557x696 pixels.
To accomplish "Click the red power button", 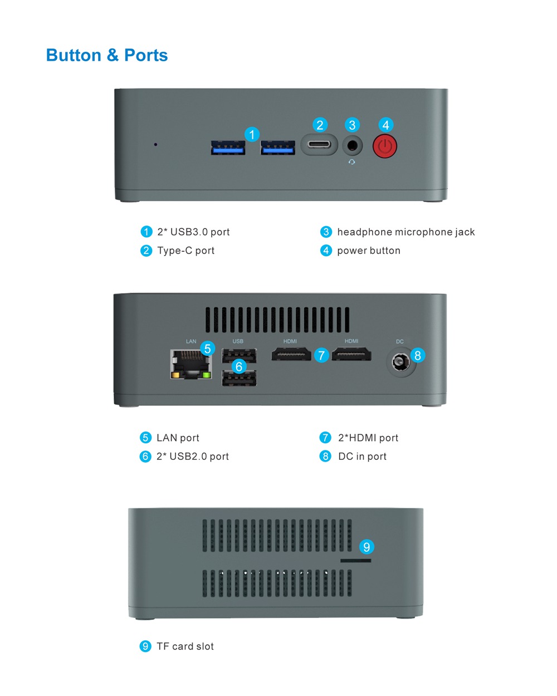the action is (384, 146).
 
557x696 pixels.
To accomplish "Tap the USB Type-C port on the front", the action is (319, 144).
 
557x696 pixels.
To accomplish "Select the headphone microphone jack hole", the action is (352, 145).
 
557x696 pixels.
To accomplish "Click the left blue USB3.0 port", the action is (227, 148).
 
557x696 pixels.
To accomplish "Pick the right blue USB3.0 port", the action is (277, 148).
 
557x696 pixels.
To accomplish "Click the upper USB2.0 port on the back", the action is (239, 356).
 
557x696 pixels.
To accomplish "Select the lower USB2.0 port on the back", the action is (239, 378).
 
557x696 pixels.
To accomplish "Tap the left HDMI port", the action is (291, 354).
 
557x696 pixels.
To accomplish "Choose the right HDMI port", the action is (351, 354).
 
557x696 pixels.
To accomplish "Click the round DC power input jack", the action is (400, 361).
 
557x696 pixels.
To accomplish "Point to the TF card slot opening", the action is (355, 561).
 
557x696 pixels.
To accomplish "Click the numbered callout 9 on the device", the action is (367, 547).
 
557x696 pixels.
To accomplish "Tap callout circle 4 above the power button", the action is (385, 125).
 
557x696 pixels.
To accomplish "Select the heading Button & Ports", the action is (107, 55).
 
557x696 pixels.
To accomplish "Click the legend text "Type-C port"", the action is (186, 251).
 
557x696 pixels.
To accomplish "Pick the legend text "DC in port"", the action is (362, 457).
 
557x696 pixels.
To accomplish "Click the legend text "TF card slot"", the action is (185, 646).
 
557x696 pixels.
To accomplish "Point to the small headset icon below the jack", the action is (352, 161).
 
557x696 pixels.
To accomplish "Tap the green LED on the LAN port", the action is (206, 375).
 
